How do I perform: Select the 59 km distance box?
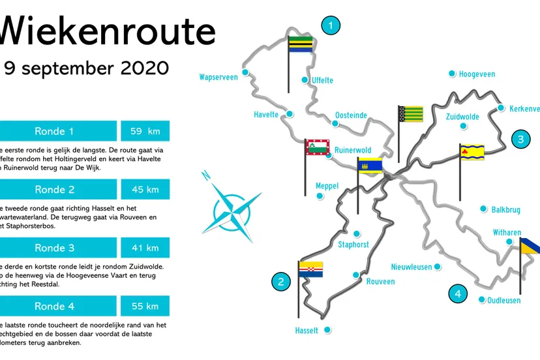pyautogui.click(x=145, y=131)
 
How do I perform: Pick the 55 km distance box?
pyautogui.click(x=145, y=306)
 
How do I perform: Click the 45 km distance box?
pyautogui.click(x=145, y=190)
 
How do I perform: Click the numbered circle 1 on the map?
pyautogui.click(x=331, y=26)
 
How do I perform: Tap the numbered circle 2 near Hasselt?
pyautogui.click(x=281, y=282)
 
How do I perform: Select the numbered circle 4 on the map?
pyautogui.click(x=458, y=294)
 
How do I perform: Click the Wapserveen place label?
pyautogui.click(x=218, y=77)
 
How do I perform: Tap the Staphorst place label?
pyautogui.click(x=353, y=245)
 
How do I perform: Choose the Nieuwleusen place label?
pyautogui.click(x=412, y=267)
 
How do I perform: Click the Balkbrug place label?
pyautogui.click(x=505, y=210)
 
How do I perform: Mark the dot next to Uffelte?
pyautogui.click(x=305, y=80)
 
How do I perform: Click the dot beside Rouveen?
pyautogui.click(x=355, y=275)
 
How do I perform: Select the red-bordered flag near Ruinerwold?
pyautogui.click(x=318, y=148)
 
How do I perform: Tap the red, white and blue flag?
pyautogui.click(x=311, y=269)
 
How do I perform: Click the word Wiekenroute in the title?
pyautogui.click(x=108, y=31)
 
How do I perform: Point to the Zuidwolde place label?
pyautogui.click(x=462, y=117)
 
